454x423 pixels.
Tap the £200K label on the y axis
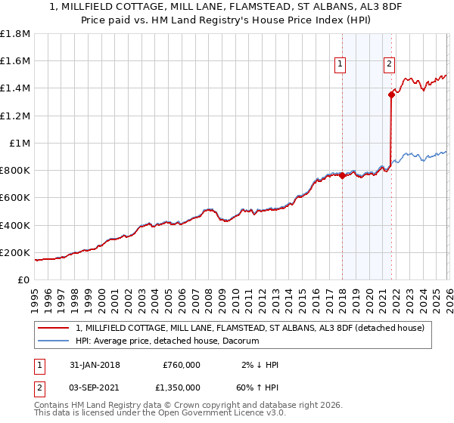coord(15,253)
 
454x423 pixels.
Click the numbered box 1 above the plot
coord(340,65)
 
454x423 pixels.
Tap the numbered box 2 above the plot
coord(389,65)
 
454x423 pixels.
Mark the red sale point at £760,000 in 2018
coord(342,175)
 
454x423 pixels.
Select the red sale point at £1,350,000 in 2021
coord(391,94)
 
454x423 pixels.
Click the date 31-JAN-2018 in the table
coord(93,365)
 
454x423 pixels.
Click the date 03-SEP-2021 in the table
coord(93,389)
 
